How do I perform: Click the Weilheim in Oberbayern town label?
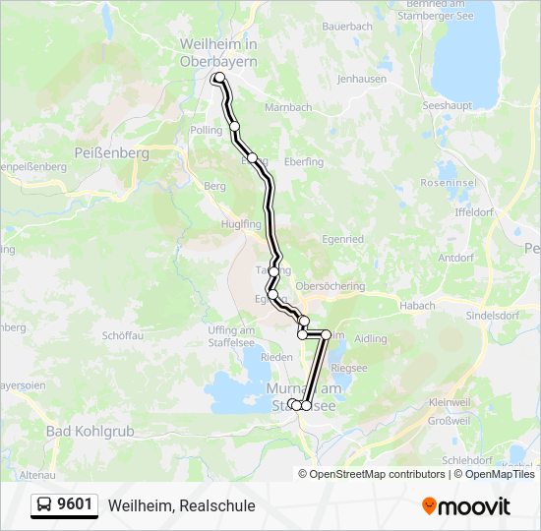click(218, 52)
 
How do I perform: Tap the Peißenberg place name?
click(111, 153)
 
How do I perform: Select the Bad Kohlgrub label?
click(87, 430)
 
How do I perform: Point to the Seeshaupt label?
click(448, 104)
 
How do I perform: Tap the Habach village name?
click(417, 306)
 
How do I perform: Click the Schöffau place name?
click(124, 335)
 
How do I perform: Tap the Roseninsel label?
click(449, 183)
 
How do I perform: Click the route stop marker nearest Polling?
click(234, 126)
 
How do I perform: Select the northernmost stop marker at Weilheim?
click(219, 78)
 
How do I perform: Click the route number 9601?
click(76, 505)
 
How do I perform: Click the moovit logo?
click(466, 505)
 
